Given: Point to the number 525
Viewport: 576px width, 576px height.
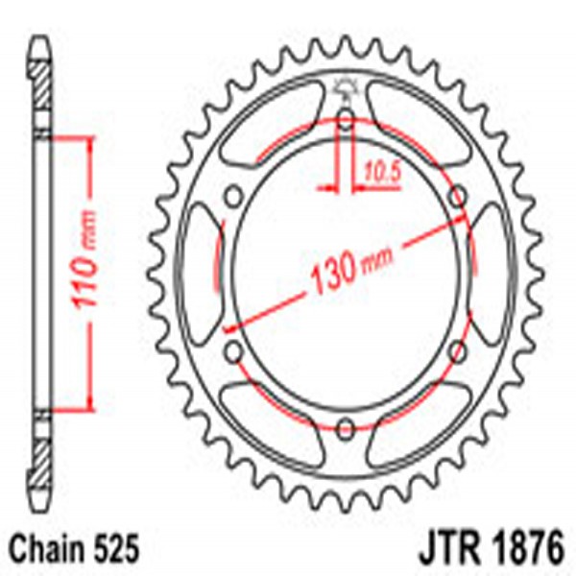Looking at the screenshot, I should (x=119, y=551).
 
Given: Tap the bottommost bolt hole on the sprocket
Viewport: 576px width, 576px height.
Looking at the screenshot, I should (x=346, y=423).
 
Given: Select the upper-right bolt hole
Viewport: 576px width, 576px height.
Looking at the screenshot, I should (x=459, y=196).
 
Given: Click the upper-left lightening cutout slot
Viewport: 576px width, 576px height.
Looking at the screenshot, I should (x=269, y=120).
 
